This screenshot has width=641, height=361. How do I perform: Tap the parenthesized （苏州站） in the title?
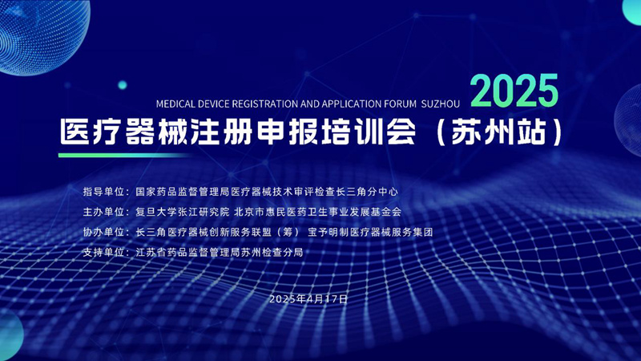pyautogui.click(x=504, y=131)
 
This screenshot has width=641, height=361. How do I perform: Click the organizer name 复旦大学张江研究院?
pyautogui.click(x=183, y=213)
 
